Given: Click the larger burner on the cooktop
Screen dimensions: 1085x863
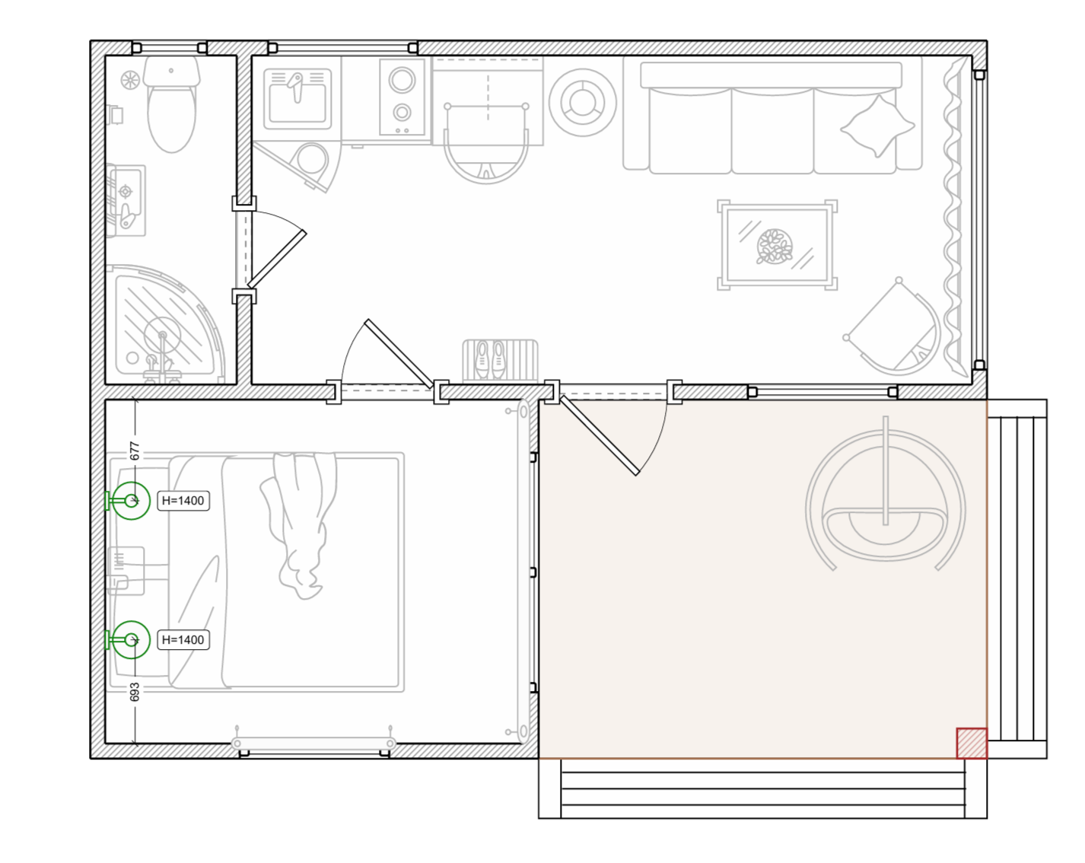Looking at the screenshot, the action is (402, 80).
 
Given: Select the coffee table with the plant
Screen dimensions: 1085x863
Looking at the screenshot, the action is (777, 245).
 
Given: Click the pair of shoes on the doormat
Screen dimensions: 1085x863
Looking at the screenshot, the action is (490, 359).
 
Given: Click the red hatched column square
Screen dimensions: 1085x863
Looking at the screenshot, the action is (972, 743).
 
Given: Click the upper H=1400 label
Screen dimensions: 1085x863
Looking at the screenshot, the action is (183, 501).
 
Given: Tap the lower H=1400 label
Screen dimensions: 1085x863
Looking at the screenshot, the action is (183, 640).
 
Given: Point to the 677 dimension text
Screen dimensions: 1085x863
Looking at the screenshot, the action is (135, 451).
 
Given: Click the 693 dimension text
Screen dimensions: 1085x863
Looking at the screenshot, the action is (135, 692).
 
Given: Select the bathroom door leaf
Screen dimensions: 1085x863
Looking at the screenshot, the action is (277, 260).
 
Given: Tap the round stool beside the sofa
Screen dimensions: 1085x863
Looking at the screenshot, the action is (582, 103).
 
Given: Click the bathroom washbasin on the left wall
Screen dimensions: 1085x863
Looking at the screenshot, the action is (126, 200).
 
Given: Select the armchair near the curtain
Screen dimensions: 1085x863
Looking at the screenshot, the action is (892, 328).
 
